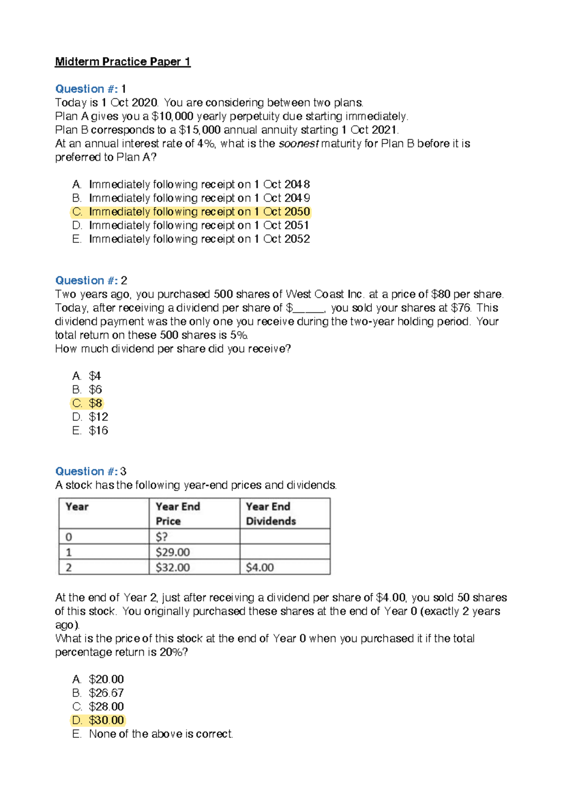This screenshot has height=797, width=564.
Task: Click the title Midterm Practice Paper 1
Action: [x=123, y=62]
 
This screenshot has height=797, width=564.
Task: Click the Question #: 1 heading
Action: [x=90, y=89]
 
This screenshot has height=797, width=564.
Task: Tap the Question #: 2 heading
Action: [x=91, y=281]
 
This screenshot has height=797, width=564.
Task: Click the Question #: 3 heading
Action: [x=90, y=471]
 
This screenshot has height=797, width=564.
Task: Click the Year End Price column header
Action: [x=178, y=514]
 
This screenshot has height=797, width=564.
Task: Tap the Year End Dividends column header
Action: [x=271, y=514]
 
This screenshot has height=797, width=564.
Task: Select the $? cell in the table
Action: [x=162, y=537]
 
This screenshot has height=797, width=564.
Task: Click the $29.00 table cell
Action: [x=172, y=552]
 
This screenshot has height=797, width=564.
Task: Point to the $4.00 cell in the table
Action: [x=259, y=568]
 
